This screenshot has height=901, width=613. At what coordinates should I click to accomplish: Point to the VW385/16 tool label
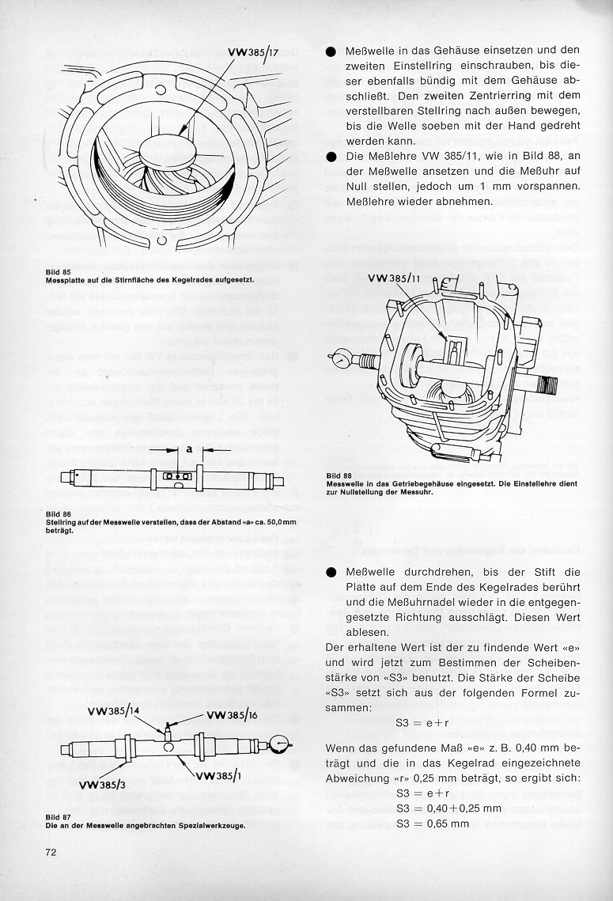tap(233, 716)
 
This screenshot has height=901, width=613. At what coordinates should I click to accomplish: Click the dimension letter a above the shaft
tap(189, 449)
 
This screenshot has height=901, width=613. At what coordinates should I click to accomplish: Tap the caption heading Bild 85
tap(59, 272)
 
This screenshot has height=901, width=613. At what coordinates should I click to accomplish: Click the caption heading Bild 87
tap(59, 816)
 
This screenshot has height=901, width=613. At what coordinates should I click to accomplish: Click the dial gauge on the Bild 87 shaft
tap(278, 744)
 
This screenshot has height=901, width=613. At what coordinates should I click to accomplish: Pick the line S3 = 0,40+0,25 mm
tap(449, 808)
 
